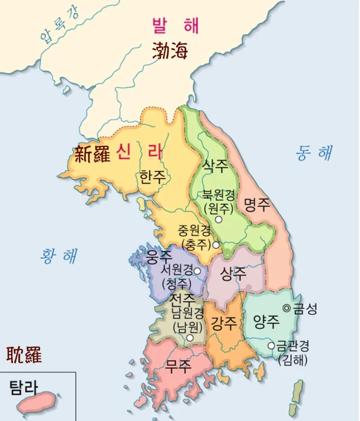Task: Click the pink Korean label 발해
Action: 175,25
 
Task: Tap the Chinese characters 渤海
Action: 170,50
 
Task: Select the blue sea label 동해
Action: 314,153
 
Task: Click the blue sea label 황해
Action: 59,255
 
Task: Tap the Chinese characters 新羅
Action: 93,154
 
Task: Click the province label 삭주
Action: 215,167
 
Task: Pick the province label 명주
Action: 256,204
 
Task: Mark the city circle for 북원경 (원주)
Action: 218,220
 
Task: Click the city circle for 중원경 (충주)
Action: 216,245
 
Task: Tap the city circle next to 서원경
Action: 198,271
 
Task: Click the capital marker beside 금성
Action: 286,308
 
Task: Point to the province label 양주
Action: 266,321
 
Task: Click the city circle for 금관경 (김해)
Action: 271,346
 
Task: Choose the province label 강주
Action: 223,322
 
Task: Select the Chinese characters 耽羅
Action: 24,355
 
